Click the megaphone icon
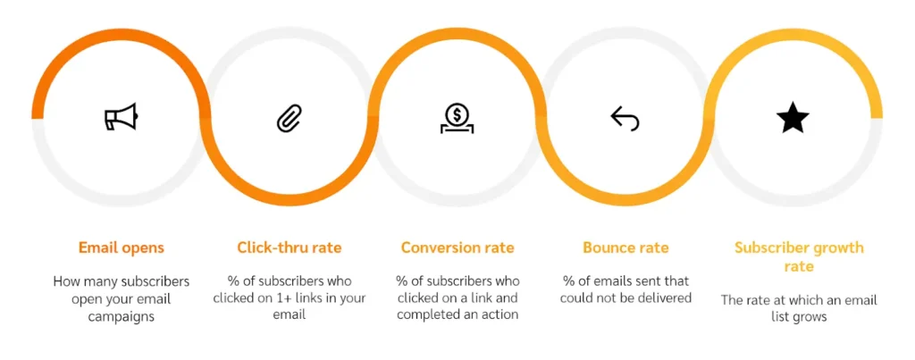tap(121, 116)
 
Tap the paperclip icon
tap(290, 118)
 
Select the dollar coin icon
tap(457, 118)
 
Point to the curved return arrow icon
tap(625, 119)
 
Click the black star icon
tap(793, 117)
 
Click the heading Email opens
tap(122, 248)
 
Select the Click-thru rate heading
tap(290, 247)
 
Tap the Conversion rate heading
tap(457, 247)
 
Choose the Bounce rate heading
tap(625, 247)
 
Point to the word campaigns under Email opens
tap(122, 316)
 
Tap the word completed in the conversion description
tap(427, 315)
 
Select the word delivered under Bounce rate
tap(666, 298)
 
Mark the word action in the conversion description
tap(499, 315)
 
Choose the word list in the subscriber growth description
tap(785, 317)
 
